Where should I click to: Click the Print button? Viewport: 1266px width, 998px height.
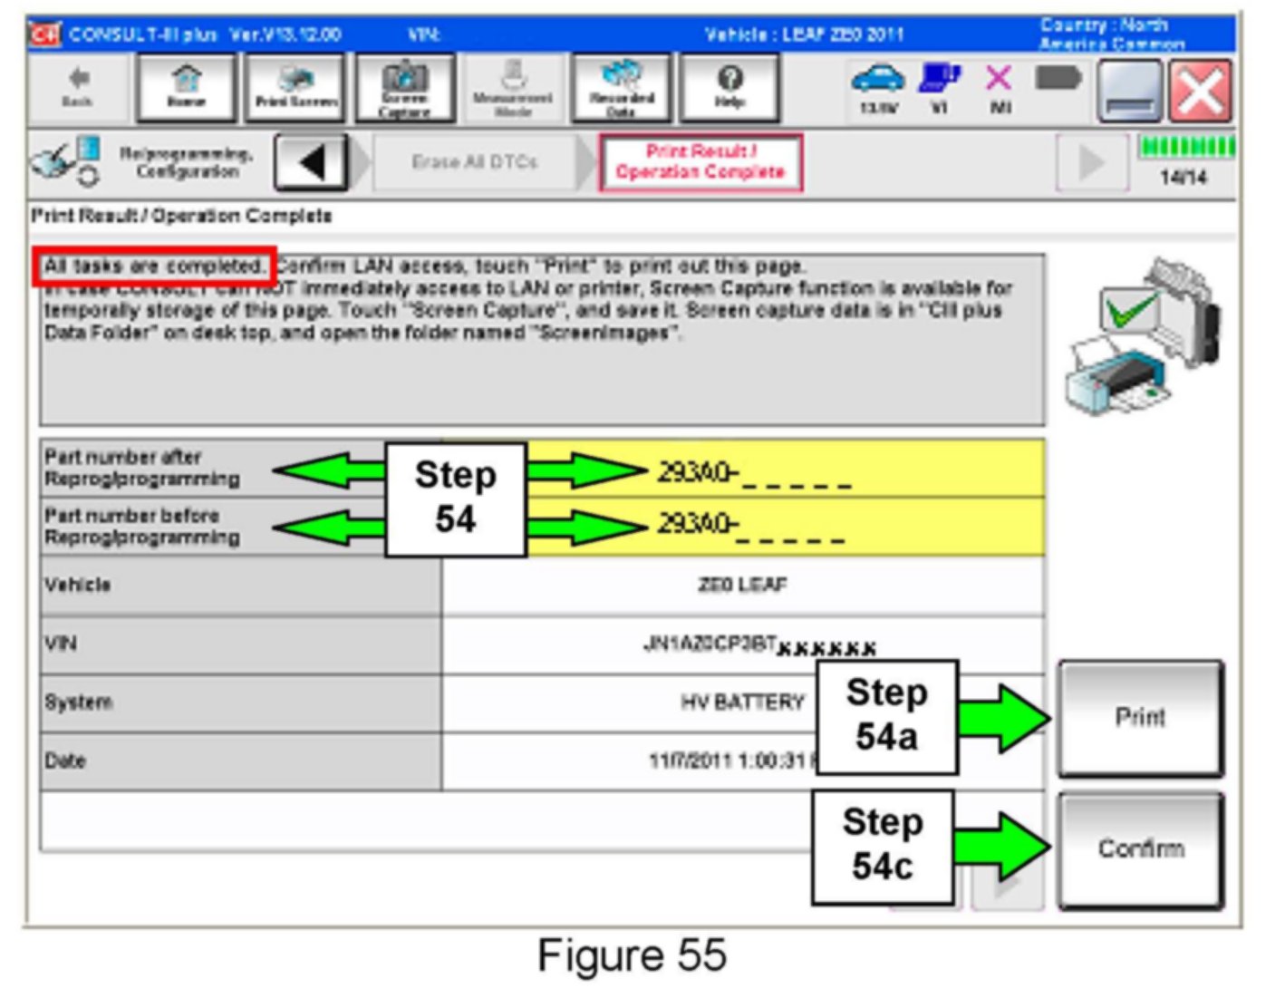1140,718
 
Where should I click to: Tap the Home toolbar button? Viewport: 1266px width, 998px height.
186,87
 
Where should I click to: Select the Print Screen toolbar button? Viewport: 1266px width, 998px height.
295,87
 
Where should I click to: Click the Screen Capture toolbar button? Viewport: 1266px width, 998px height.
404,87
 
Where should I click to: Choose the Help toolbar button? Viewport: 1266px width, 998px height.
730,87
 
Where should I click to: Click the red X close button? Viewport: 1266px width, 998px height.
1200,91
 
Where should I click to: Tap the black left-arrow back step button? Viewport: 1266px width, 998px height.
311,163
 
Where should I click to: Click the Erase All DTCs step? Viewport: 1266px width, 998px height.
474,162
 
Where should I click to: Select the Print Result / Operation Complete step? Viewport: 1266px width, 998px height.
700,162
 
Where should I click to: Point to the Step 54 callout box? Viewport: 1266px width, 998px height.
455,499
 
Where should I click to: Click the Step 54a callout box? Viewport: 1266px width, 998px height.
886,716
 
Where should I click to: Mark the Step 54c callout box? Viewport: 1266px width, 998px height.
883,846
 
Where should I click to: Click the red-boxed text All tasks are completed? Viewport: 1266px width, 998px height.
154,266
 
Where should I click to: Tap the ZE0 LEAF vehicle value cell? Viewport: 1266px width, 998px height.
742,586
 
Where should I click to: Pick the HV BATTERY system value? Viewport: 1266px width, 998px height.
742,702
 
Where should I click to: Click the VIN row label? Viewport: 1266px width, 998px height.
62,644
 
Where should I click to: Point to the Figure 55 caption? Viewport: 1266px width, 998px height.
632,955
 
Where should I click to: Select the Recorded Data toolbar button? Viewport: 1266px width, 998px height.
621,87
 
